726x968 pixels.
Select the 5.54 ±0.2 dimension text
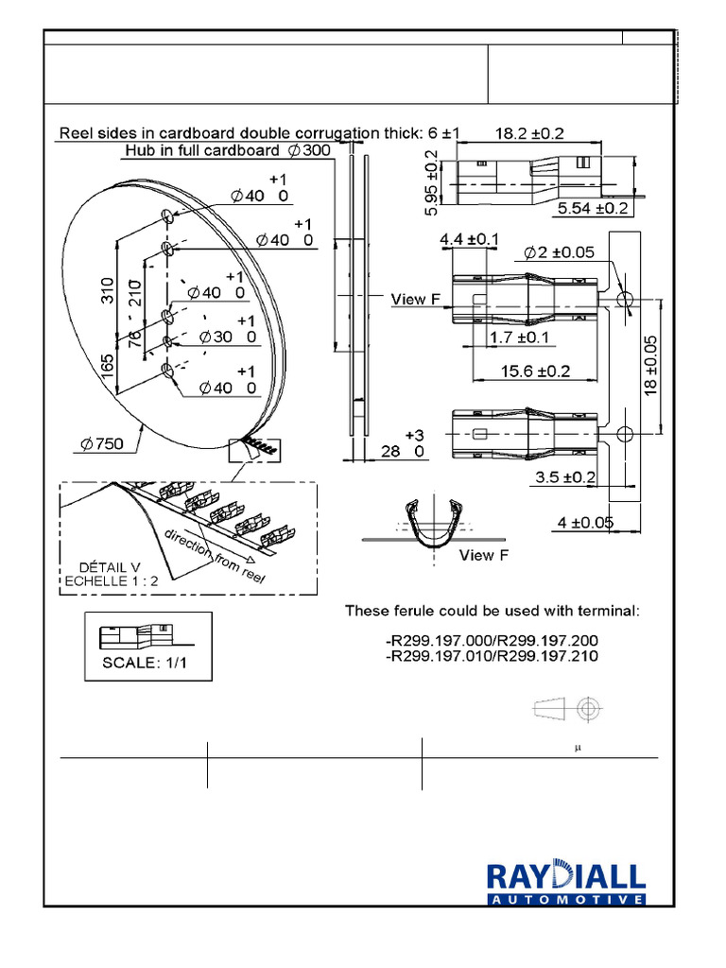point(593,208)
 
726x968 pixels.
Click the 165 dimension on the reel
point(109,368)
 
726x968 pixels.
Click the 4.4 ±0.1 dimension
point(469,242)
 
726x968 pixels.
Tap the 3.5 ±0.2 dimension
point(565,477)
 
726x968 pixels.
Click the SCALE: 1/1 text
point(145,663)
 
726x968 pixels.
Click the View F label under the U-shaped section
point(483,555)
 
